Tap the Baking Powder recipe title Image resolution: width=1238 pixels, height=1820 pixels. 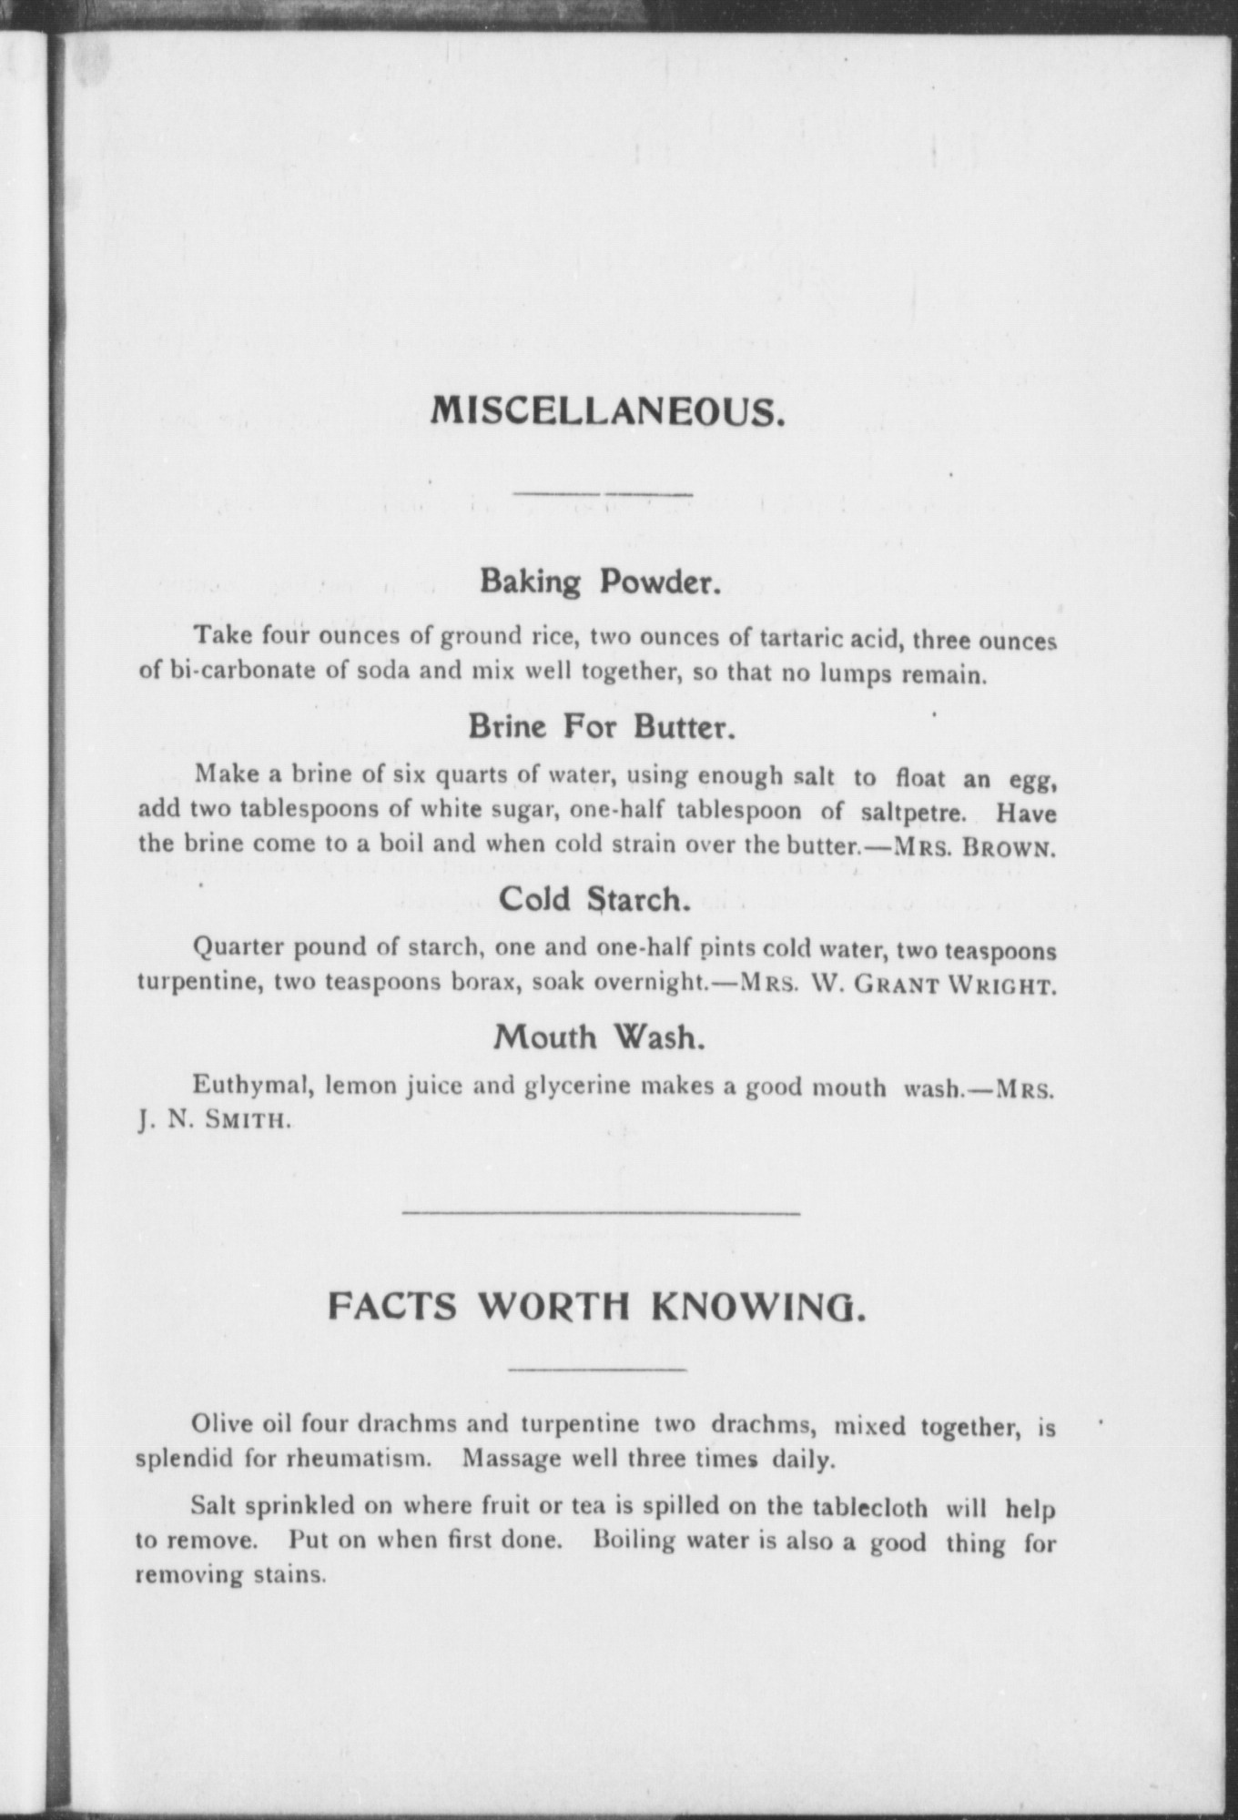click(x=601, y=581)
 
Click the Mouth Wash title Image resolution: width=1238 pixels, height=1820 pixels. click(x=599, y=1036)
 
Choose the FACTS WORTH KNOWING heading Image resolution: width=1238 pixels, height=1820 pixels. click(x=595, y=1309)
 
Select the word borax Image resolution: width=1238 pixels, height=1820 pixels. click(x=486, y=984)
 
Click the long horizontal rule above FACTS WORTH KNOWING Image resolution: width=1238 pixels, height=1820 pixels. click(x=601, y=1213)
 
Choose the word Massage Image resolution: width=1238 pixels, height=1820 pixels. click(x=512, y=1460)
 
